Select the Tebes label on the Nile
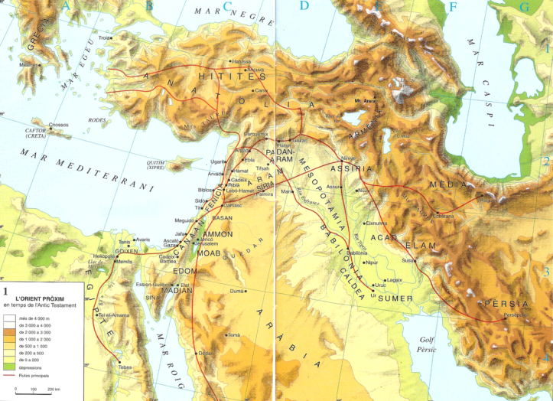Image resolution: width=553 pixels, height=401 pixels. tap(125, 367)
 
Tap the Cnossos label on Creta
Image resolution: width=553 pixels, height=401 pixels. tap(59, 125)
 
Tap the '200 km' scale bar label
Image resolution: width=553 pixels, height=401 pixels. tap(54, 390)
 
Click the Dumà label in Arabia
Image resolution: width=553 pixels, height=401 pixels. tap(236, 291)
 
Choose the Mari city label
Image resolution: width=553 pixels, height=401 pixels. tap(288, 192)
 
